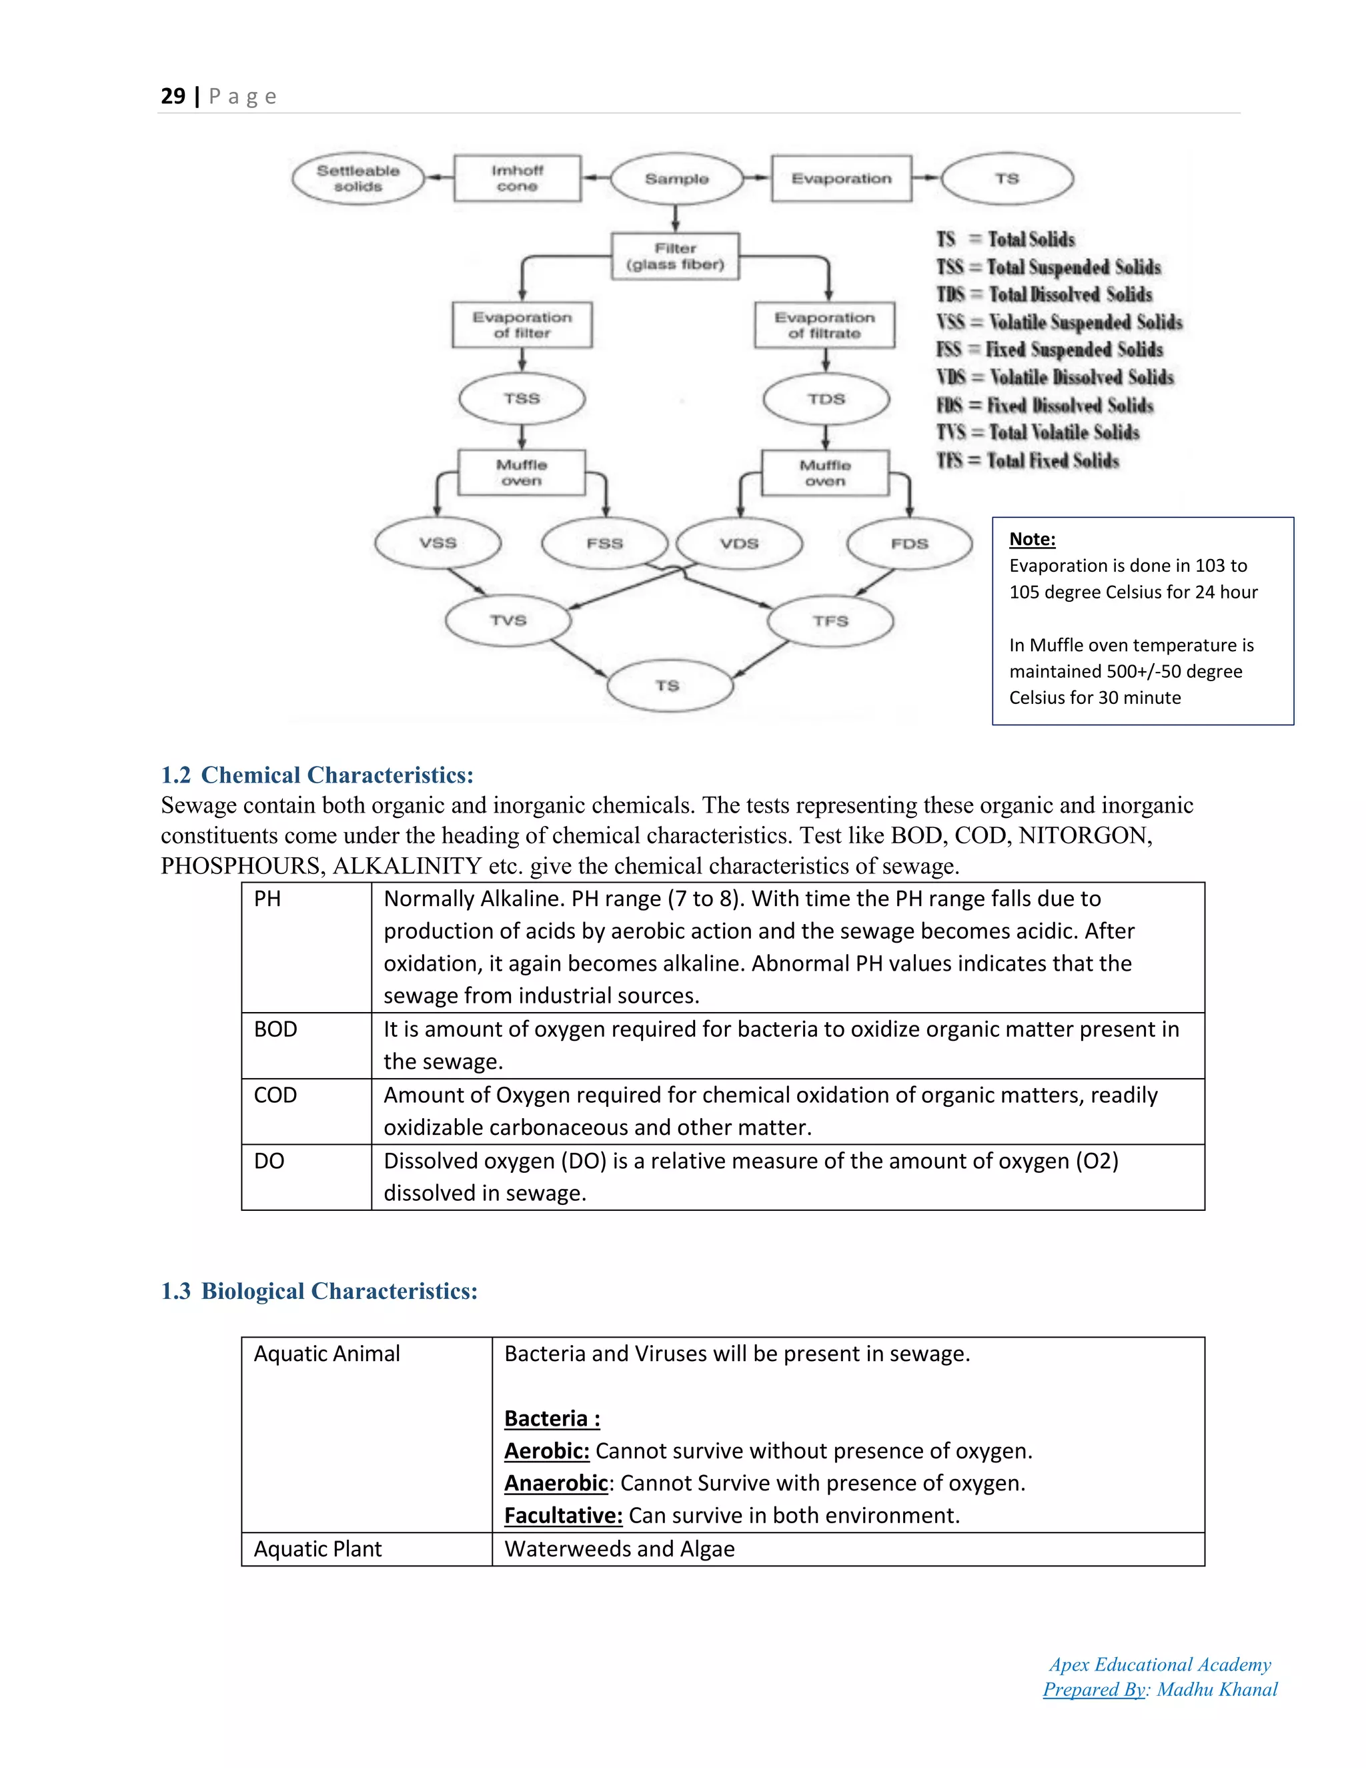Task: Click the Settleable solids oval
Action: tap(358, 178)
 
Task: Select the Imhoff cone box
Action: tap(517, 178)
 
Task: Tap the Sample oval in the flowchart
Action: tap(676, 178)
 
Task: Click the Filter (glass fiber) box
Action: tap(675, 256)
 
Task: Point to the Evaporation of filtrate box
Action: tap(824, 325)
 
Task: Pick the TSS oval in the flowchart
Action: tap(522, 398)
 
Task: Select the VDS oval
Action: tap(739, 543)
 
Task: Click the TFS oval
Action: tap(830, 621)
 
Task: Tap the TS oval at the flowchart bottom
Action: tap(668, 686)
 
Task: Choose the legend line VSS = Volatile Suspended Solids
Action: tap(1059, 322)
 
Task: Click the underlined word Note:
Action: tap(1032, 539)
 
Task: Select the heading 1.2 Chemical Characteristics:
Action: tap(317, 775)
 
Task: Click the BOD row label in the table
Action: tap(276, 1029)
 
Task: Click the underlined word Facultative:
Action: tap(563, 1515)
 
